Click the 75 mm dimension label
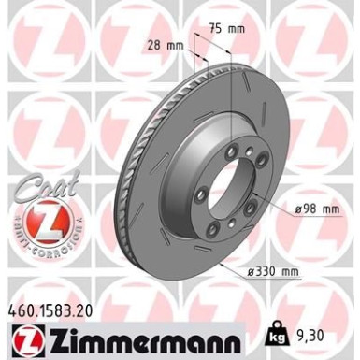pos(226,29)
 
